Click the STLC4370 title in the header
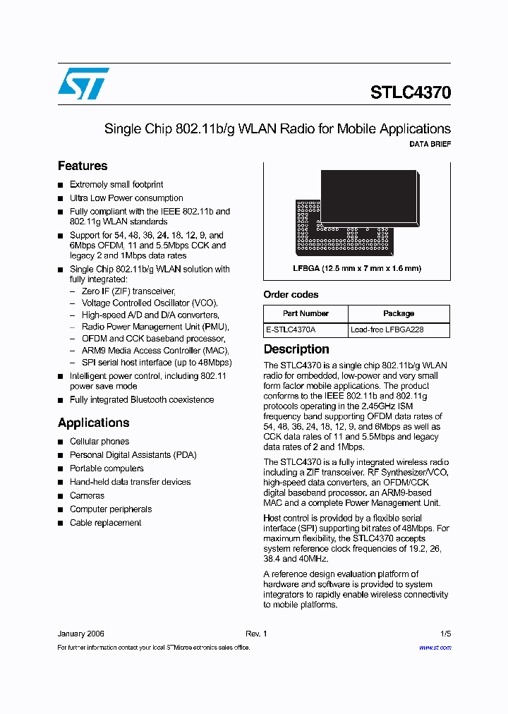410,92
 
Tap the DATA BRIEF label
430,144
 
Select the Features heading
83,166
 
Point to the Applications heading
93,423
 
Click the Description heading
296,349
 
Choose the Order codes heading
291,294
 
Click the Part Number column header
306,313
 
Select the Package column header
399,313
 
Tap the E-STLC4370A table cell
291,329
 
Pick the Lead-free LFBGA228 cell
387,329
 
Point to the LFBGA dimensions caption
357,268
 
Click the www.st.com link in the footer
435,647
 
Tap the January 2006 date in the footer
81,634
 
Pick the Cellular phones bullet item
99,442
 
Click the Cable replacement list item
105,523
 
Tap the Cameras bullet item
87,496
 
